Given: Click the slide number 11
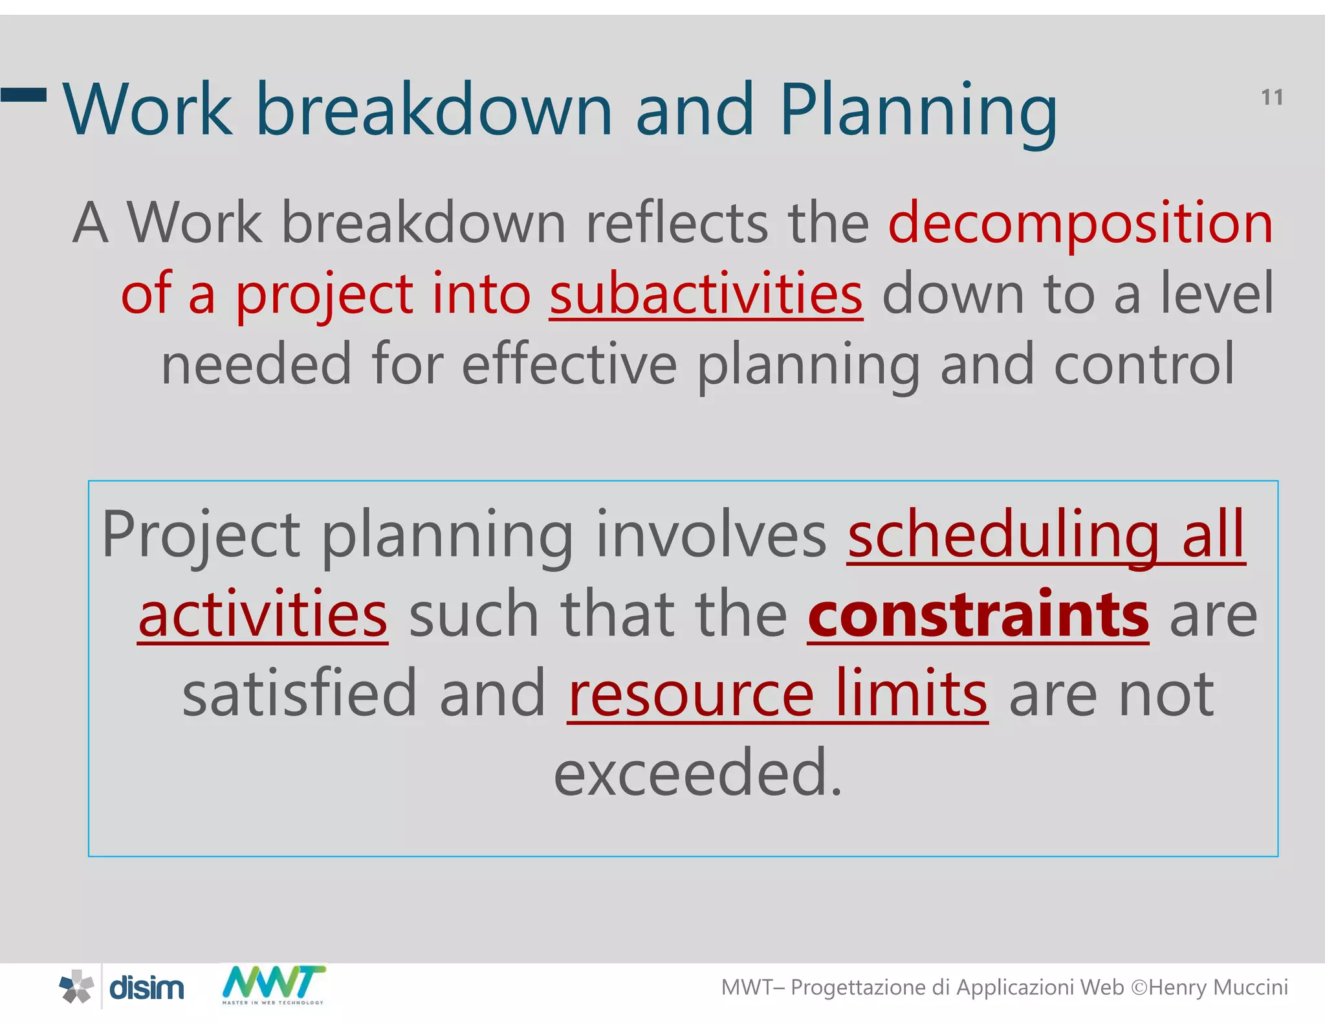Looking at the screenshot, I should [x=1271, y=98].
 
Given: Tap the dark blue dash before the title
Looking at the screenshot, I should [x=23, y=95].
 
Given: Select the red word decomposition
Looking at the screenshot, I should [x=1080, y=223].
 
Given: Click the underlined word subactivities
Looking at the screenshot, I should [x=705, y=295].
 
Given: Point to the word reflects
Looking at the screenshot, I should [x=677, y=223].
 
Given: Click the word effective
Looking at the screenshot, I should [x=569, y=365].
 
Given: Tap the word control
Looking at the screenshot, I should [x=1144, y=365].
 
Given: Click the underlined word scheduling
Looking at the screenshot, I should [x=1003, y=535].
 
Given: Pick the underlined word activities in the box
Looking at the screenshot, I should [x=263, y=615].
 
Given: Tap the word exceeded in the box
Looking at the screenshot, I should [x=697, y=773].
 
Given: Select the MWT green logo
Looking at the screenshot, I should [x=273, y=984].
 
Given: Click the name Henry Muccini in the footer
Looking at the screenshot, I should [x=1218, y=988].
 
